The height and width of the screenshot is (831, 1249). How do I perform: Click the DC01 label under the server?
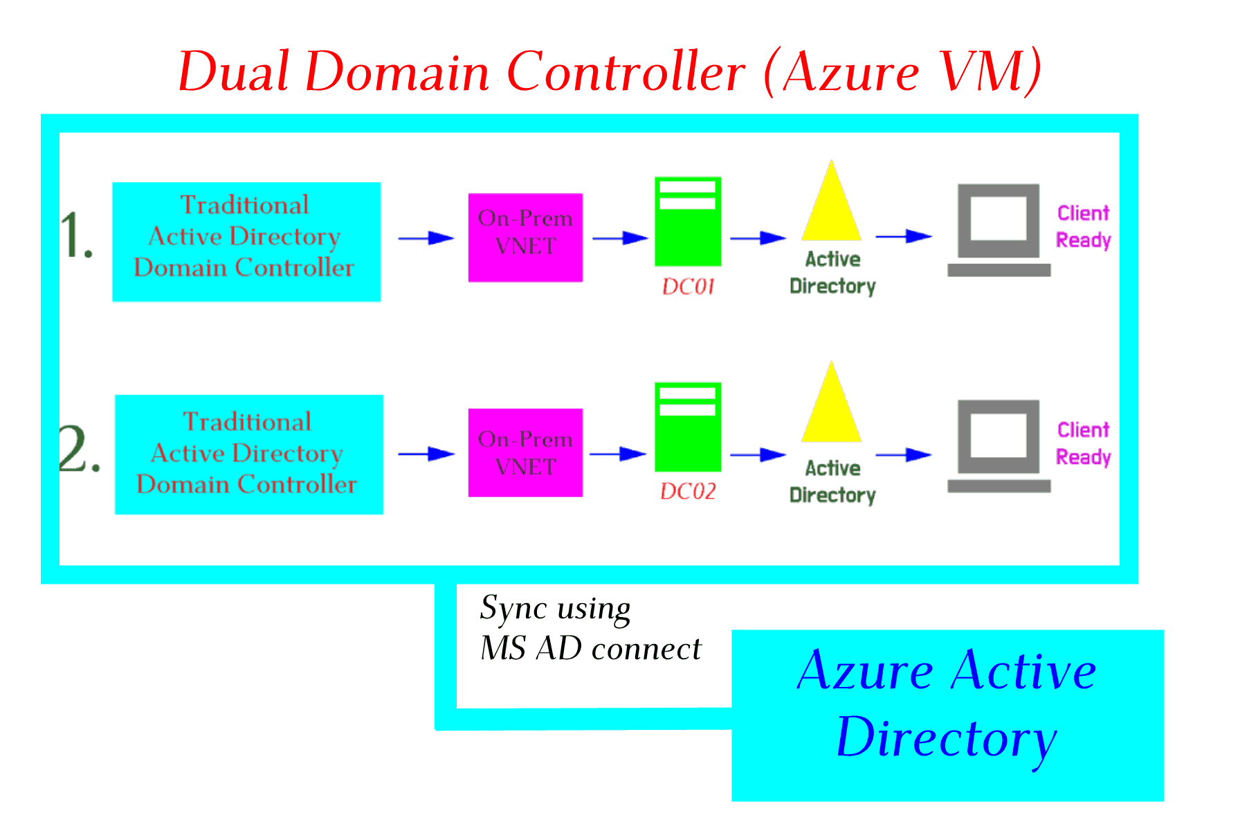[688, 287]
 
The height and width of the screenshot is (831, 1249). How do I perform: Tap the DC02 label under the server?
[688, 492]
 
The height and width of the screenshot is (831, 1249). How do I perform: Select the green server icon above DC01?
[688, 222]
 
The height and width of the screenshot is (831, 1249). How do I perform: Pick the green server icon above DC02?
[688, 427]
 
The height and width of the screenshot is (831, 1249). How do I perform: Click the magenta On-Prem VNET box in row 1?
[525, 238]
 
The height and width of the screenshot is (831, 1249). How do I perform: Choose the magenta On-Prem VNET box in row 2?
[525, 453]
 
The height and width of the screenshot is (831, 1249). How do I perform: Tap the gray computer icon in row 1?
[999, 230]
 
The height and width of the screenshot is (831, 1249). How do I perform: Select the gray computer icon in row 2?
[999, 446]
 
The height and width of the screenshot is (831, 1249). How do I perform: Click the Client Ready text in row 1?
[1084, 226]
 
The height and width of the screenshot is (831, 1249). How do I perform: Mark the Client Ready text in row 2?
[1084, 443]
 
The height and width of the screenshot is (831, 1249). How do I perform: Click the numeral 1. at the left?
[76, 235]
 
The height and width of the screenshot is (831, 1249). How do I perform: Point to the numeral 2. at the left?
[80, 449]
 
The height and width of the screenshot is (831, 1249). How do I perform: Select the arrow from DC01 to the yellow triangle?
[758, 238]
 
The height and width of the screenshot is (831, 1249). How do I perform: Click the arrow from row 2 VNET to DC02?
[619, 454]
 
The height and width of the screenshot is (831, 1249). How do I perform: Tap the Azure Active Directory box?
[948, 715]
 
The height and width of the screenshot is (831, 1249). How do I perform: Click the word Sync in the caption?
[513, 609]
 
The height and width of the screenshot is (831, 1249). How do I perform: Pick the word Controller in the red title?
[626, 71]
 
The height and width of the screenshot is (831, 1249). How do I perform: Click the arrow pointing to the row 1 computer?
[904, 236]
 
